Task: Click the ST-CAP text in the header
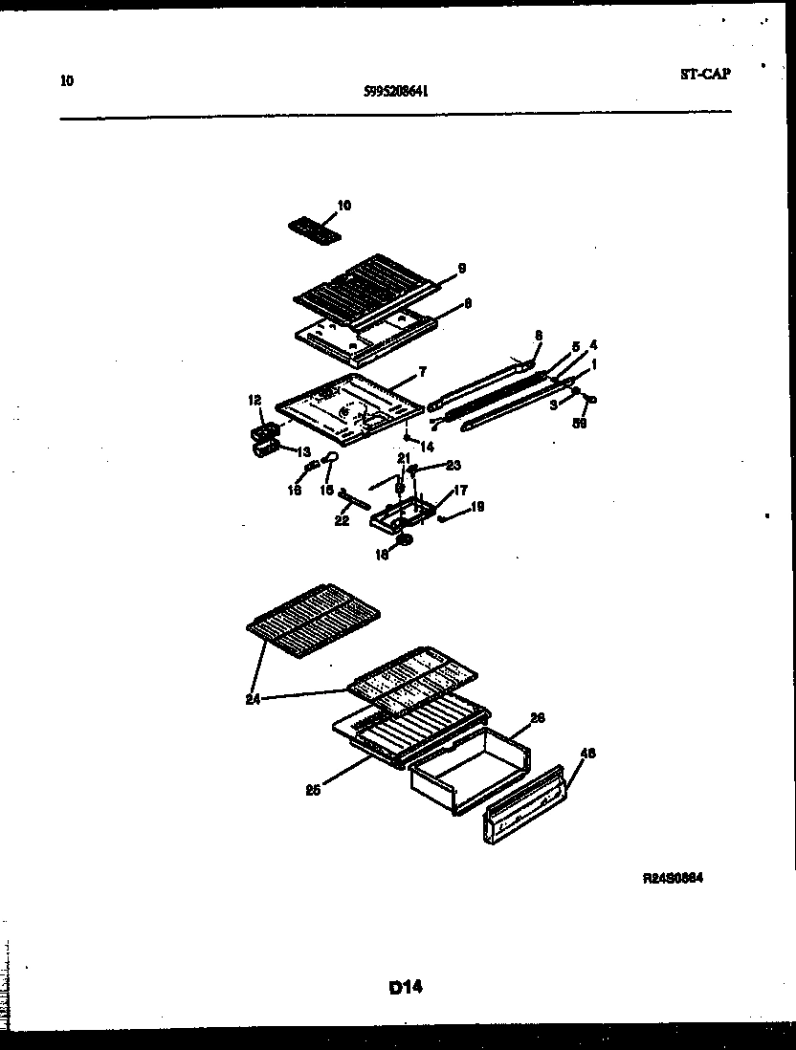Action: click(x=704, y=74)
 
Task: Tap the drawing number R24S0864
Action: click(x=673, y=878)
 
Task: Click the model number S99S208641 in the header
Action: click(x=395, y=92)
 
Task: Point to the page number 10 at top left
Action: click(x=66, y=80)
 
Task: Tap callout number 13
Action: click(x=303, y=451)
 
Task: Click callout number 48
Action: click(x=588, y=753)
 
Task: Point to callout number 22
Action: click(x=342, y=521)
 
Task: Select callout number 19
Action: click(x=477, y=506)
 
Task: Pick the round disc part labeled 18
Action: click(x=405, y=541)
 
